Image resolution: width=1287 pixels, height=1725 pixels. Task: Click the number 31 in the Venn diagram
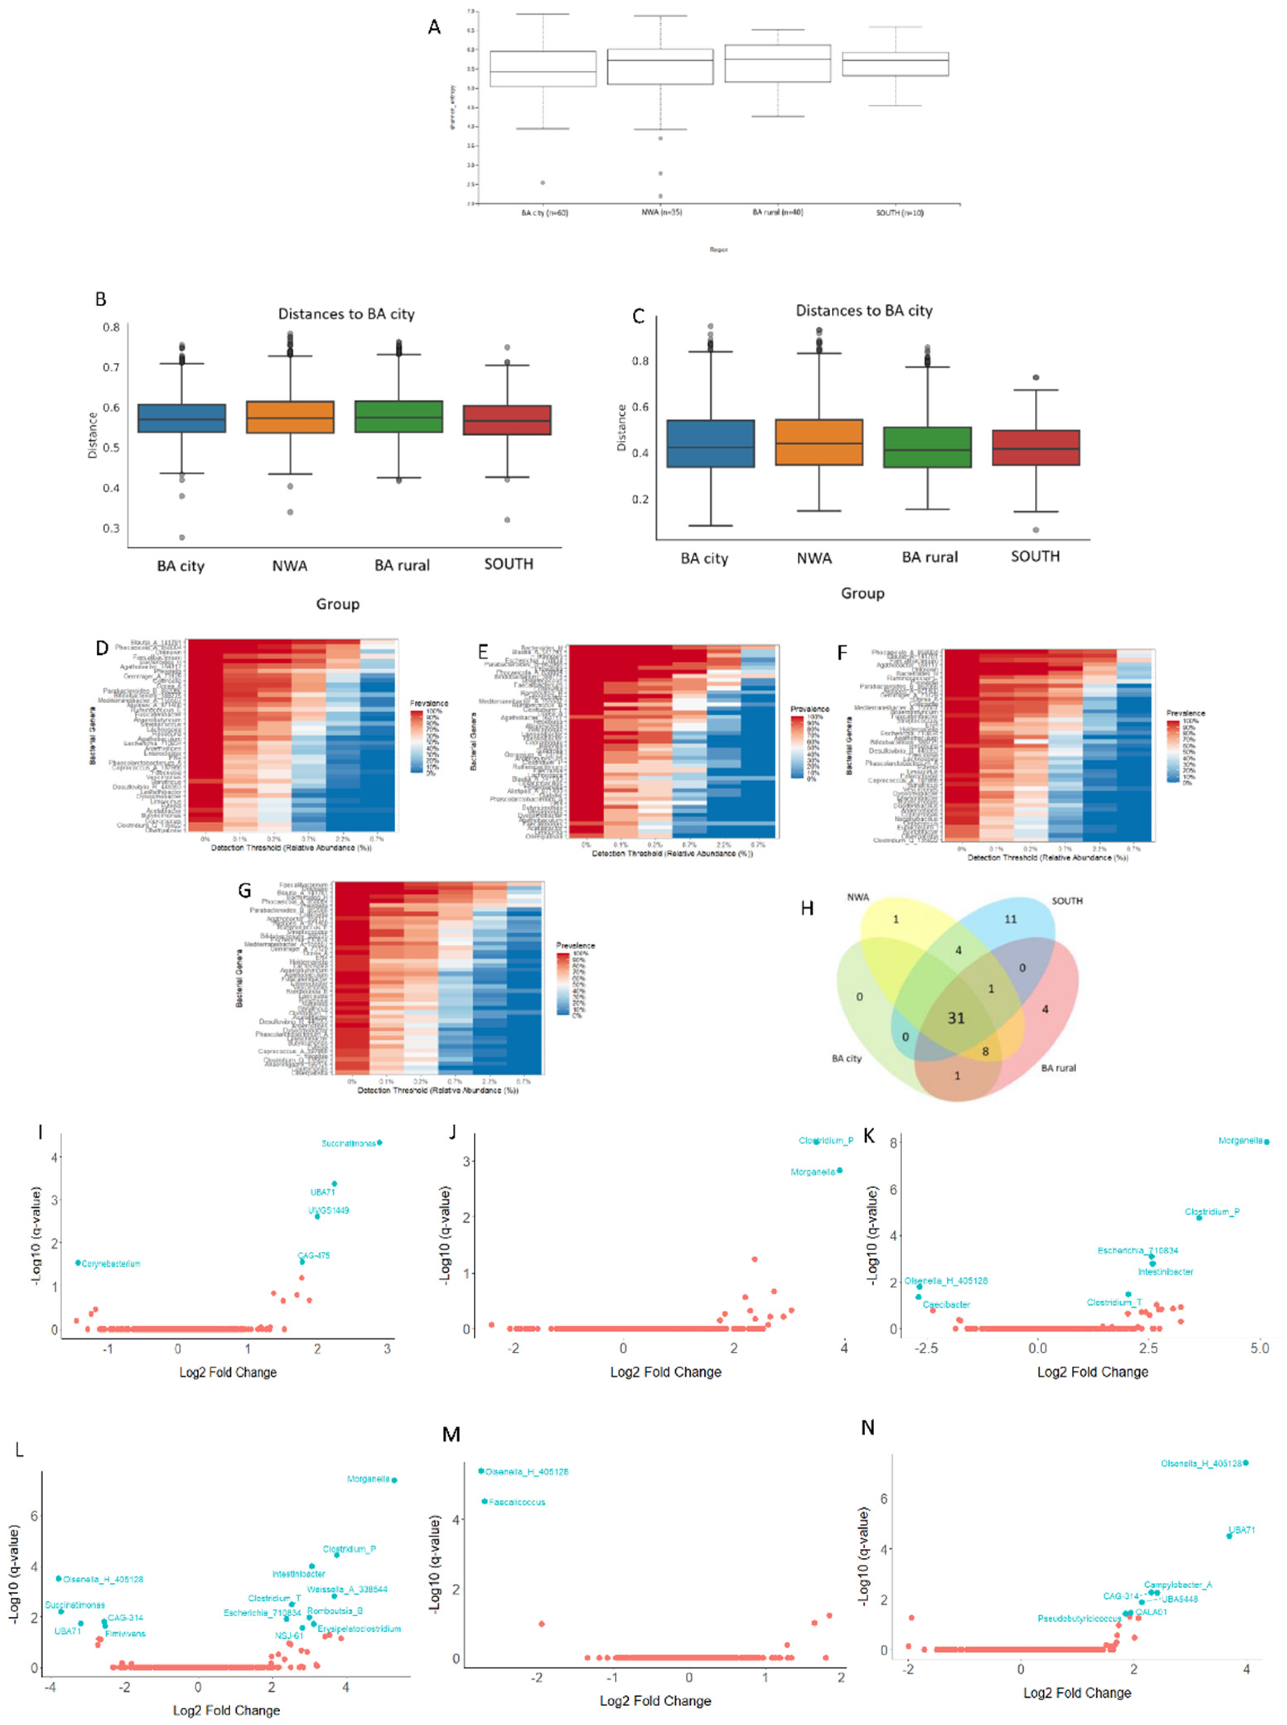point(956,1018)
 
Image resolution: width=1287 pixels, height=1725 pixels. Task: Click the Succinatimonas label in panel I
point(348,1143)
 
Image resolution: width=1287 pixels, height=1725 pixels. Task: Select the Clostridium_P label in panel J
point(826,1140)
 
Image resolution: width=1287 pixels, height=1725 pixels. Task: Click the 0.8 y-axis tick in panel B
point(111,327)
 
